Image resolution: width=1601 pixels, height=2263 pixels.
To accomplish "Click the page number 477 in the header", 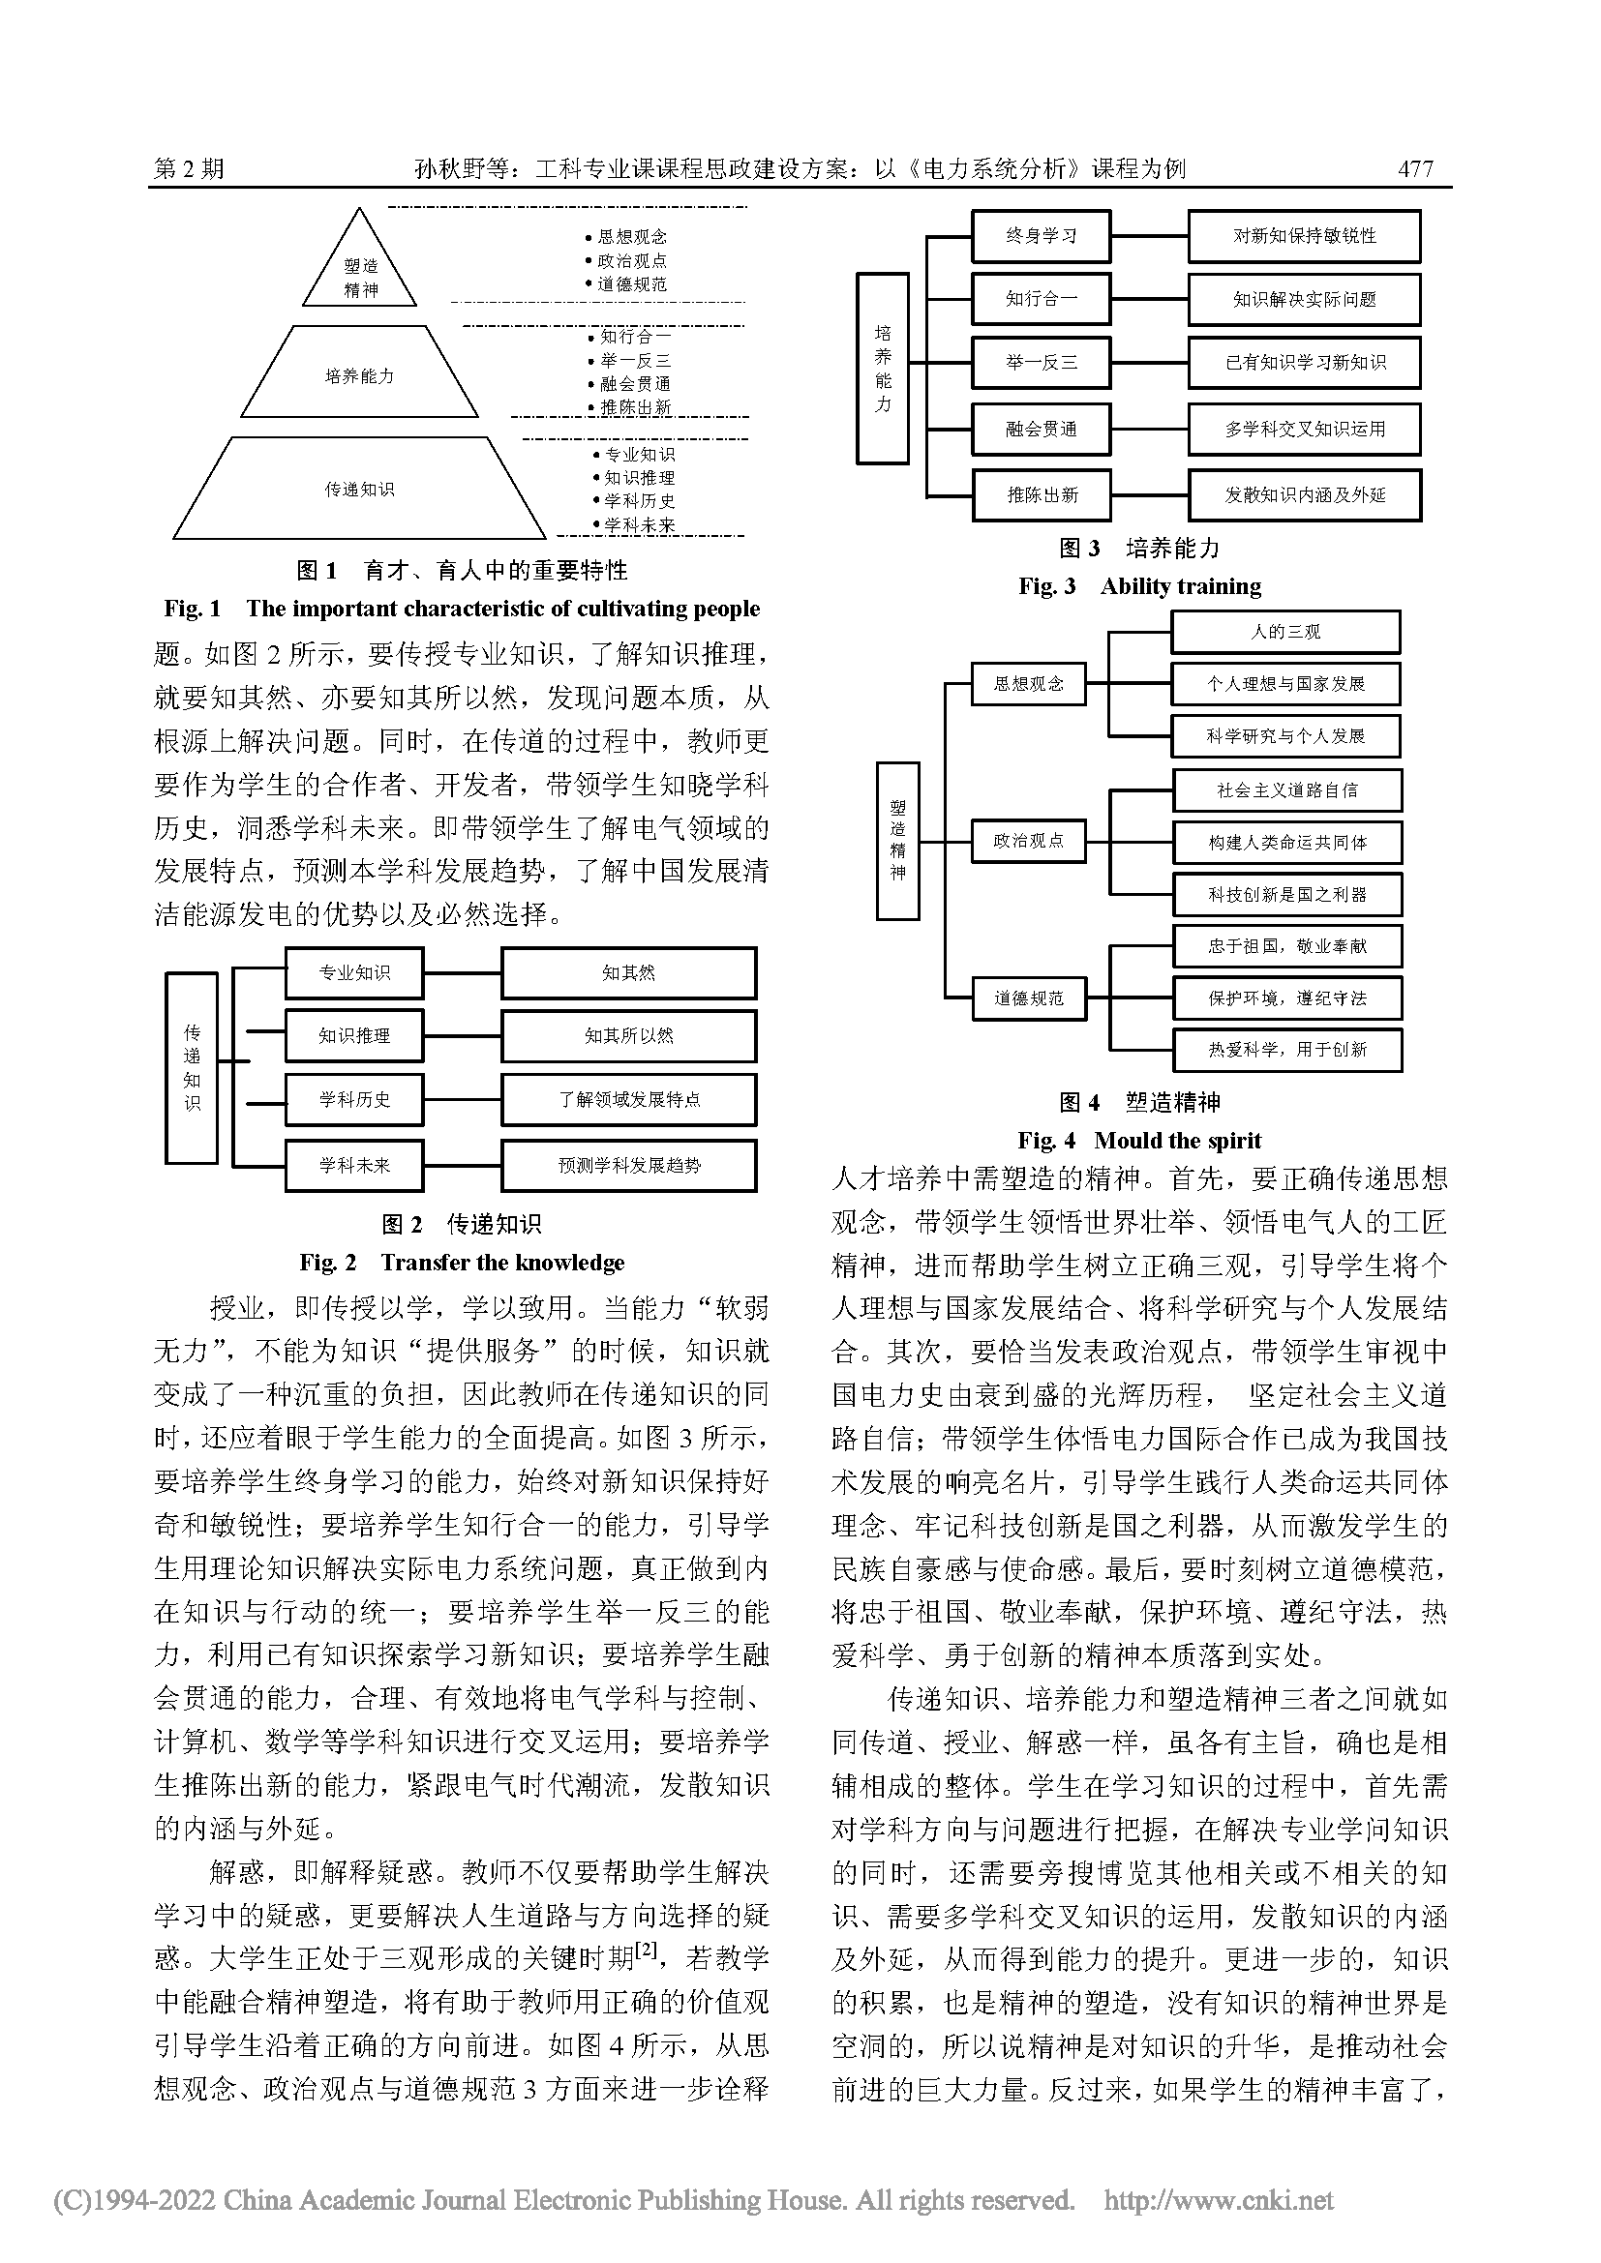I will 1415,168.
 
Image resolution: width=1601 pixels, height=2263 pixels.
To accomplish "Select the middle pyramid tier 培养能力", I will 359,375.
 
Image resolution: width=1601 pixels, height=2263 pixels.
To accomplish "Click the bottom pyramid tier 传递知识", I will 359,489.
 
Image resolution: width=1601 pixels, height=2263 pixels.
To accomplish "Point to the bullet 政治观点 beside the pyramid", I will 631,260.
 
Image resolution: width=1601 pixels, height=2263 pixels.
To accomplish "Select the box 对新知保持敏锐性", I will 1303,235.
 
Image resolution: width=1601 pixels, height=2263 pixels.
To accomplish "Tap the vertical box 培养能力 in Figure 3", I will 882,368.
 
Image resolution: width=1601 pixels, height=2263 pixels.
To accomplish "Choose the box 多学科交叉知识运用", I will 1303,429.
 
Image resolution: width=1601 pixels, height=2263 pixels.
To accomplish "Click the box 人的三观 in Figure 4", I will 1284,632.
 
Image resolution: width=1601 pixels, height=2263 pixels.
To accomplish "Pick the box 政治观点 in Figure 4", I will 1027,841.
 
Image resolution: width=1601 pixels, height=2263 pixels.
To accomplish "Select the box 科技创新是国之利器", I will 1286,894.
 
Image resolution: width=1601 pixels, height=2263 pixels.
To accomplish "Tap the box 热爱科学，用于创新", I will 1286,1050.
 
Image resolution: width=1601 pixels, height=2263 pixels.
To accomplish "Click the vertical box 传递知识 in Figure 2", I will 192,1067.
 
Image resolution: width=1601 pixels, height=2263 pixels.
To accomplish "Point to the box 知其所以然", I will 628,1035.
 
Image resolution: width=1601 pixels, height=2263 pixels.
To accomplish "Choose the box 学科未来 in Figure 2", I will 354,1165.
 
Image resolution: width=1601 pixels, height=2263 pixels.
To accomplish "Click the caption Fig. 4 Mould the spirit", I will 1138,1141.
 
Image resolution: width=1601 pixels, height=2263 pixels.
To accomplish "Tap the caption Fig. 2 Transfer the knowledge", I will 462,1263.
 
